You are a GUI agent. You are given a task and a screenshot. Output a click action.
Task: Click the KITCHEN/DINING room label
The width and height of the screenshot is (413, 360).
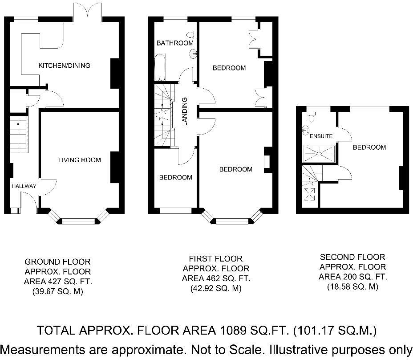(64, 65)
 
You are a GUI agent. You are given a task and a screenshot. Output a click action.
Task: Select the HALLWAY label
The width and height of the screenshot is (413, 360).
(24, 186)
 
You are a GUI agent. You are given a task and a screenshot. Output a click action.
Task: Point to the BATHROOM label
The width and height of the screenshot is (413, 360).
(175, 43)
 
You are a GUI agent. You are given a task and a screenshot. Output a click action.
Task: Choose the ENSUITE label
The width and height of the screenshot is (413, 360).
(321, 136)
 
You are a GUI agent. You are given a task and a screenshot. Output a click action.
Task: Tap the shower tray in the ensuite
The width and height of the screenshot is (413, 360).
(320, 153)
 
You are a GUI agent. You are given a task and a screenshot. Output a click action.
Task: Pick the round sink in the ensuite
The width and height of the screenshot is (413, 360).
(305, 130)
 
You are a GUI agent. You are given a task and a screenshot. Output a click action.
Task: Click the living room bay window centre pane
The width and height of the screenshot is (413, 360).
(79, 221)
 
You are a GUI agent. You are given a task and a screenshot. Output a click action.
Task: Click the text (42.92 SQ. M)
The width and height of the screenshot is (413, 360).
(216, 288)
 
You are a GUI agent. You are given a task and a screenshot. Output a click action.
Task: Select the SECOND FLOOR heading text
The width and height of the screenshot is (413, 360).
(352, 257)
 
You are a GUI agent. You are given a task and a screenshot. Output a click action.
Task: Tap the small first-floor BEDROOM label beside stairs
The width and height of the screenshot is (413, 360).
(176, 177)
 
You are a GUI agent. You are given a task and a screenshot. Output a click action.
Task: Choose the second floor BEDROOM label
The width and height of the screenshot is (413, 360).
(369, 147)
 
